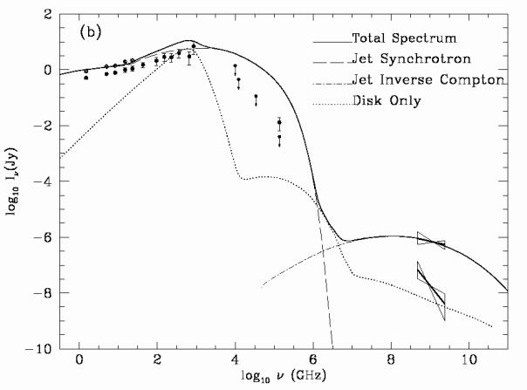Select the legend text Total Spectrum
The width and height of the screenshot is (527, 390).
(x=406, y=39)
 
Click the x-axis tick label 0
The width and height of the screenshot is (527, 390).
(x=80, y=360)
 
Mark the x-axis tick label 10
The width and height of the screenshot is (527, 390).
(x=469, y=360)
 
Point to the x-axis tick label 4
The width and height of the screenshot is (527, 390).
(x=236, y=360)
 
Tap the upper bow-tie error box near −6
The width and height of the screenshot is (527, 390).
(x=431, y=242)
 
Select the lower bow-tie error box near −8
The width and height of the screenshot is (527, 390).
(x=430, y=290)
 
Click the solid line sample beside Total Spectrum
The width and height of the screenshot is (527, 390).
(x=332, y=39)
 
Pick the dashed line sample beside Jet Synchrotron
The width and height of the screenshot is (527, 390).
(x=332, y=59)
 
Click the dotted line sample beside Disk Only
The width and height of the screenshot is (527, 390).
(x=332, y=101)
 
